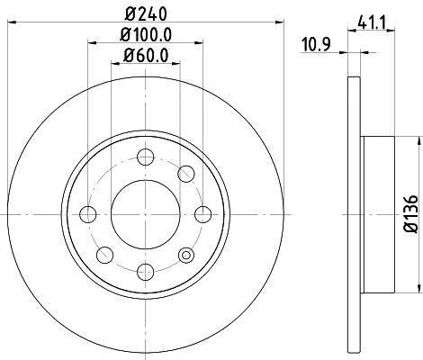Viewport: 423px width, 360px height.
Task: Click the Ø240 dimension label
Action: coord(146,13)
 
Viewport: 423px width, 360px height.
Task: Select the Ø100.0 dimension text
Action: coord(146,35)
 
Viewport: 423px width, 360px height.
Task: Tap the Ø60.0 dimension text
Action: coord(146,56)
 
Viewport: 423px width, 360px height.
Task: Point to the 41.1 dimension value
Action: coord(371,22)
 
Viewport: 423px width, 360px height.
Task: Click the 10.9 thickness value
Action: coord(316,45)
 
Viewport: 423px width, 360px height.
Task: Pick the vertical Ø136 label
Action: coord(411,214)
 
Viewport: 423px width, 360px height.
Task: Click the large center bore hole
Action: coord(146,214)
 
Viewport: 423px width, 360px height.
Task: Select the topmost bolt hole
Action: coord(146,157)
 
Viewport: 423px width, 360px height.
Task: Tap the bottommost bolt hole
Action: coord(146,272)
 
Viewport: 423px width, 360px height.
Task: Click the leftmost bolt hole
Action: coord(88,214)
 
